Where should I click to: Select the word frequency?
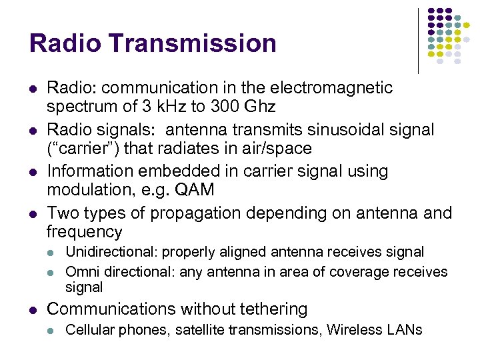click(x=85, y=232)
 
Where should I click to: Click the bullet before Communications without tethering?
click(x=34, y=309)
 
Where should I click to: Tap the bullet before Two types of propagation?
click(x=34, y=213)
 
